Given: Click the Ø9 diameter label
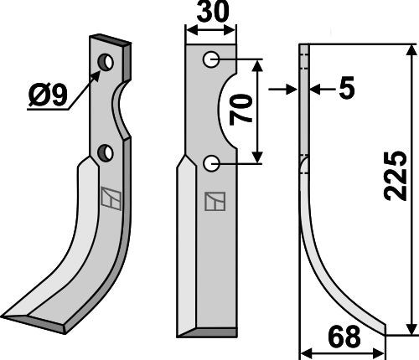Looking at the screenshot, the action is pyautogui.click(x=48, y=95).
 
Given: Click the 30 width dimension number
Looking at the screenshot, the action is pyautogui.click(x=213, y=12).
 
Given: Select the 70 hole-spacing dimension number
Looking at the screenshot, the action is pyautogui.click(x=241, y=110).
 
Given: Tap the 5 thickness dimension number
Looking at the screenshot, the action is pyautogui.click(x=347, y=88).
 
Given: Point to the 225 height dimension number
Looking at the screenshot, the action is pyautogui.click(x=395, y=176).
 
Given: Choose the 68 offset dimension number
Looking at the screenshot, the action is pyautogui.click(x=344, y=337).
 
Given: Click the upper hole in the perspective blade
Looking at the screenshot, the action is pyautogui.click(x=106, y=62).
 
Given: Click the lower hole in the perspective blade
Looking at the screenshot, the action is pyautogui.click(x=105, y=153).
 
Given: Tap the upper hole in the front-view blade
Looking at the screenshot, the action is pyautogui.click(x=211, y=59).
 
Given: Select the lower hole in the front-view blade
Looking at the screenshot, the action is pyautogui.click(x=211, y=163).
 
